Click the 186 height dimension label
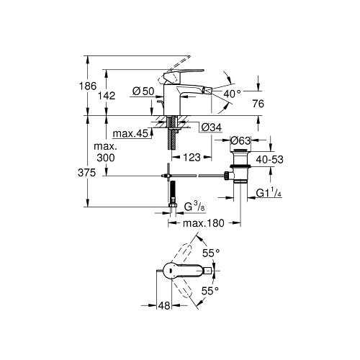[x=88, y=86]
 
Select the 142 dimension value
[x=107, y=96]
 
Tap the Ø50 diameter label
[x=143, y=91]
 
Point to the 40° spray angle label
[x=232, y=94]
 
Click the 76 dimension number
[x=258, y=104]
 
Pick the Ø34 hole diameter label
[x=212, y=127]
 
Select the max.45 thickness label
[x=130, y=134]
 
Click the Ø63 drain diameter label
[x=240, y=140]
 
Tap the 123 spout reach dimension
[x=192, y=158]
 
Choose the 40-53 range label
[x=269, y=159]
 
